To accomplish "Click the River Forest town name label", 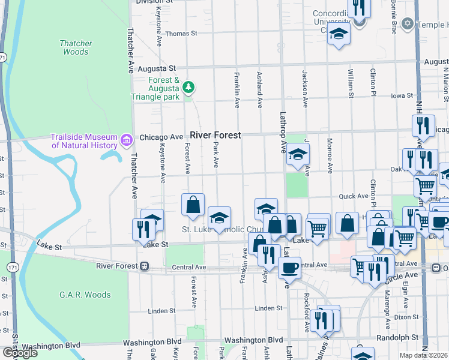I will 215,136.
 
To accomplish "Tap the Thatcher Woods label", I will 76,47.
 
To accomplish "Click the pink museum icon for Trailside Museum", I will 126,140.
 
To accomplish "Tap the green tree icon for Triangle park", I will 189,88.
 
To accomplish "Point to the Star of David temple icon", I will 407,24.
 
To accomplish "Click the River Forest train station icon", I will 144,266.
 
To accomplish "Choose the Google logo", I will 20,353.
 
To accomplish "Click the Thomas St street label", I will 181,34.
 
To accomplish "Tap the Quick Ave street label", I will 354,196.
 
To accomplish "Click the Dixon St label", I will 406,317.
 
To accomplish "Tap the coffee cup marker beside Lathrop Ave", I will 290,268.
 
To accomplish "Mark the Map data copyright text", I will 424,355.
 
